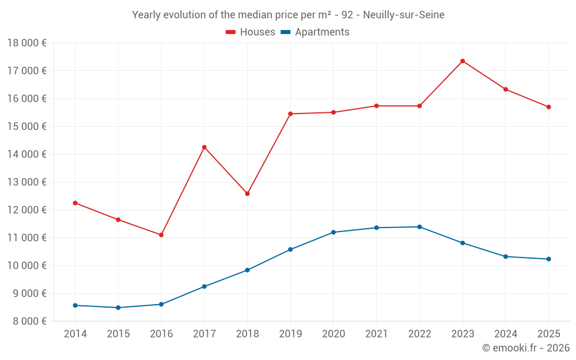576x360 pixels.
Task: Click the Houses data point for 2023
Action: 463,61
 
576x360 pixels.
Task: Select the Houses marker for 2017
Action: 204,147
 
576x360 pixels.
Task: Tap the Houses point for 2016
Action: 161,235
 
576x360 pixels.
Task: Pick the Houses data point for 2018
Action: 247,194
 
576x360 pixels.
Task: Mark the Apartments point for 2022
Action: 419,227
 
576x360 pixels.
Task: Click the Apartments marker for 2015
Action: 118,308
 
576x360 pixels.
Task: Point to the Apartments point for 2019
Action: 290,249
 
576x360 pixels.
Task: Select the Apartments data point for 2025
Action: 548,259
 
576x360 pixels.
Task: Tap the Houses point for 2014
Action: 75,203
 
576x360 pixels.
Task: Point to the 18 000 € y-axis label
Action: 26,43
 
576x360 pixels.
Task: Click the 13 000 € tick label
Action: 26,182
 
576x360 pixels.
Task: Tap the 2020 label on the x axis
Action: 334,334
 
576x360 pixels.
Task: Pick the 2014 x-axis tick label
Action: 75,334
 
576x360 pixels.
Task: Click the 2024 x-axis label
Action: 505,334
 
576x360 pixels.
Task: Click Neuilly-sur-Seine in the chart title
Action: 403,15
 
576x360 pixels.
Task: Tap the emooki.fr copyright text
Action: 526,348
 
